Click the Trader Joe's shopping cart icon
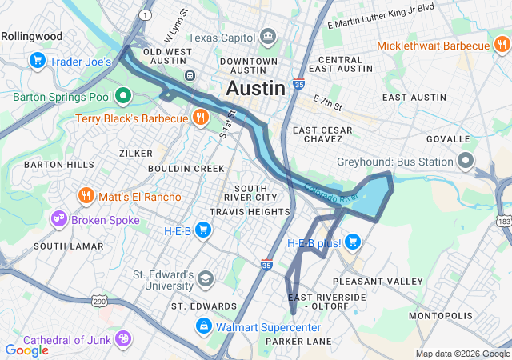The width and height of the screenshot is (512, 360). [37, 61]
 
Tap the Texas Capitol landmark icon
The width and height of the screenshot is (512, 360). [268, 37]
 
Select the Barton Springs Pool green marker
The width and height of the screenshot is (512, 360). [122, 97]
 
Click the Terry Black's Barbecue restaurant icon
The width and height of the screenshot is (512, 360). [200, 118]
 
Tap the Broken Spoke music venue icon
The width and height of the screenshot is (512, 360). [59, 218]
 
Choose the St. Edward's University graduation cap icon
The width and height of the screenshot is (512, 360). [206, 278]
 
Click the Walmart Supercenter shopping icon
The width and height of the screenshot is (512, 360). [205, 327]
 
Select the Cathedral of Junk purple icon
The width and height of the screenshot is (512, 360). [122, 339]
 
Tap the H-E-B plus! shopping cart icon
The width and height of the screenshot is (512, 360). [352, 242]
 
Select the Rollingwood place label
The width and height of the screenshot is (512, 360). [32, 36]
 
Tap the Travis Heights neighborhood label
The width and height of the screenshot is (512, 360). [250, 211]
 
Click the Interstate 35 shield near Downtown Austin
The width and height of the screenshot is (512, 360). [298, 82]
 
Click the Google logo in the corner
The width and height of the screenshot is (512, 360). [26, 350]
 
